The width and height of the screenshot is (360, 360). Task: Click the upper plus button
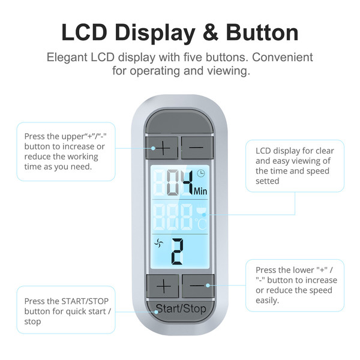coord(163,147)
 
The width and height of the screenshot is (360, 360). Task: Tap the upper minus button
coord(196,147)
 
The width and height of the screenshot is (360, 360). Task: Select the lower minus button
coord(197,284)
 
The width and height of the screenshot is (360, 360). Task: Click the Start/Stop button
coord(180,310)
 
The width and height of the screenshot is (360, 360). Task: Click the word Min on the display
coord(200,191)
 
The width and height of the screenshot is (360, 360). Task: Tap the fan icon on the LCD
coord(159,243)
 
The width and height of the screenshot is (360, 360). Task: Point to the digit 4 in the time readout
coord(186,182)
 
